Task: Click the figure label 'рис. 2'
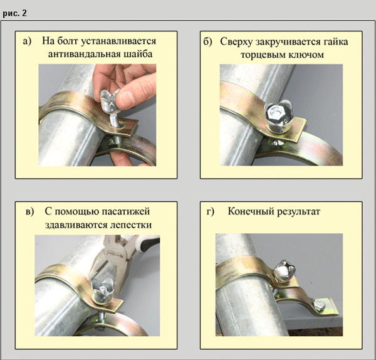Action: click(14, 13)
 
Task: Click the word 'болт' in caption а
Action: click(68, 41)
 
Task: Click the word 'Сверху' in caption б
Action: click(236, 42)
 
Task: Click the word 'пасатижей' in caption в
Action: click(125, 212)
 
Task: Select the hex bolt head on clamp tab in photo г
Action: click(319, 305)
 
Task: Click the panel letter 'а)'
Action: click(27, 41)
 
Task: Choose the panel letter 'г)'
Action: click(211, 212)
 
